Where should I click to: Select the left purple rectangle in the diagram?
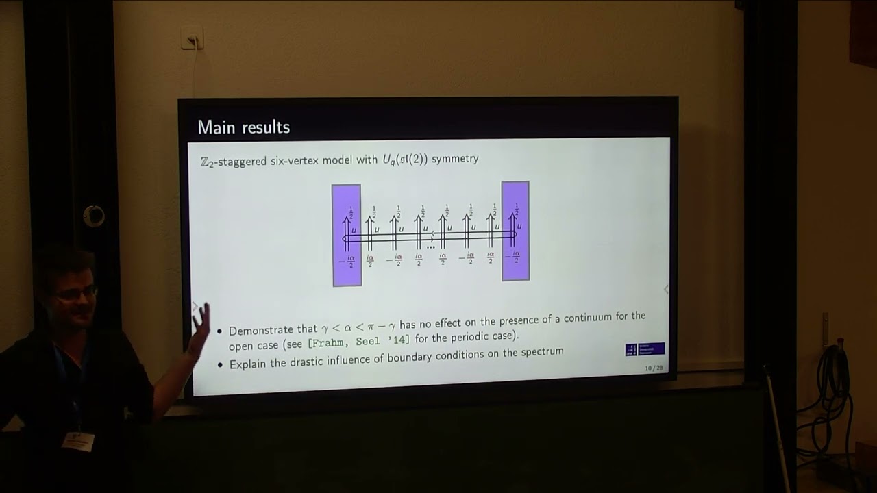[347, 235]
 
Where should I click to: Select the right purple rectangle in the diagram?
[515, 231]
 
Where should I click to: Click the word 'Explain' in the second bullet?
[248, 364]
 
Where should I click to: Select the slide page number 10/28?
[654, 368]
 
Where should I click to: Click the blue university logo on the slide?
[645, 349]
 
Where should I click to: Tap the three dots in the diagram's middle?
[431, 246]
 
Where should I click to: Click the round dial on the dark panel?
[94, 216]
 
